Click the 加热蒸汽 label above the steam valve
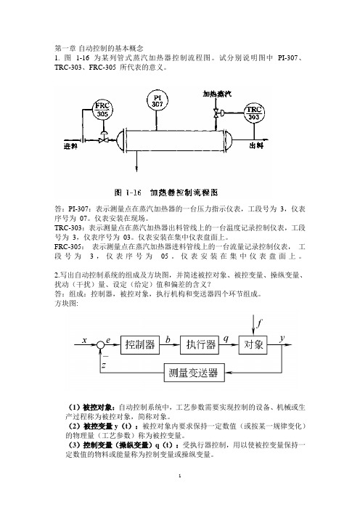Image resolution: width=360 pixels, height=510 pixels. pyautogui.click(x=217, y=94)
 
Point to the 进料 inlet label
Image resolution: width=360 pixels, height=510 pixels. pyautogui.click(x=70, y=146)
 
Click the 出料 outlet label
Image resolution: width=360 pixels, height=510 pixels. pyautogui.click(x=256, y=145)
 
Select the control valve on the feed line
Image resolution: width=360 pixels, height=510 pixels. pyautogui.click(x=103, y=138)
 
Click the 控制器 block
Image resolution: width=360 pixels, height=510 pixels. pyautogui.click(x=140, y=345)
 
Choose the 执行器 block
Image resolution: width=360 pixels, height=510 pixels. pyautogui.click(x=200, y=345)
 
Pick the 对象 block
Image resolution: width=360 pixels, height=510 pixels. pyautogui.click(x=253, y=344)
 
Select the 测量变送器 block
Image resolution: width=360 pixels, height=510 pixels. pyautogui.click(x=194, y=373)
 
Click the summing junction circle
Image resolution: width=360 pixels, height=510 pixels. pyautogui.click(x=100, y=345)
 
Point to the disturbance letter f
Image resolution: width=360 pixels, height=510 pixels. pyautogui.click(x=259, y=324)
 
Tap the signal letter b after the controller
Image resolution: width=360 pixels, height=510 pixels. pyautogui.click(x=168, y=340)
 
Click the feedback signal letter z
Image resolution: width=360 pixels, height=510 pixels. pyautogui.click(x=104, y=365)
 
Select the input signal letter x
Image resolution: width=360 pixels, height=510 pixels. pyautogui.click(x=84, y=341)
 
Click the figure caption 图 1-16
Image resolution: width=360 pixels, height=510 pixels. pyautogui.click(x=128, y=193)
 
